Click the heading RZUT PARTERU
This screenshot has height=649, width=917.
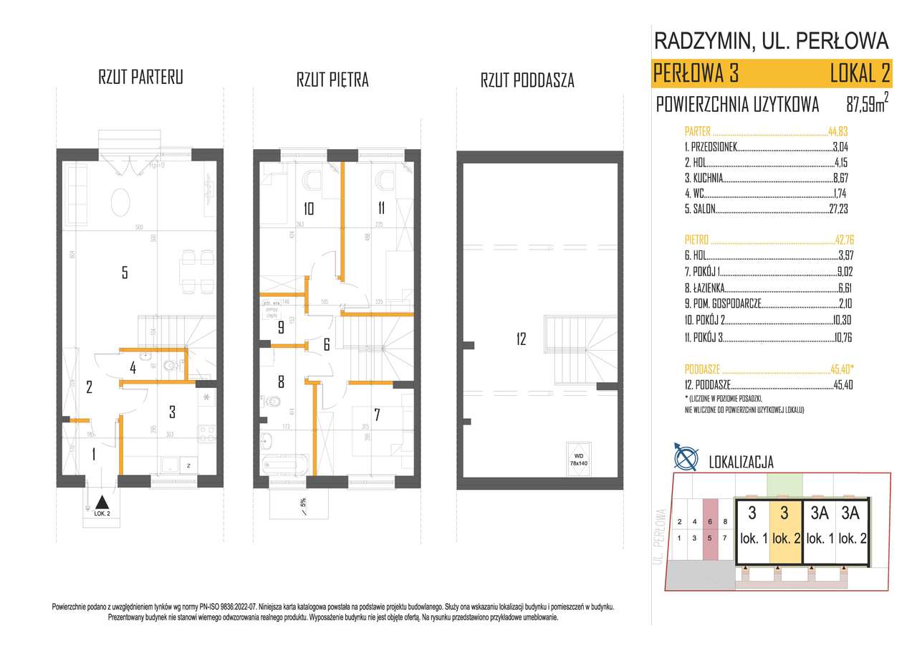point(140,78)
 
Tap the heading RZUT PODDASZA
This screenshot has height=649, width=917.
point(527,80)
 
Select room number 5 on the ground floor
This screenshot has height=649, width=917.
point(125,272)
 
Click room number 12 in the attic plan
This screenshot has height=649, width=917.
point(520,339)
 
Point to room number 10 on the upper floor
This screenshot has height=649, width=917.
point(309,209)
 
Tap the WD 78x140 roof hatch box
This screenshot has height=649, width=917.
point(578,458)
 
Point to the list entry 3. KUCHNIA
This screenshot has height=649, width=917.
point(704,178)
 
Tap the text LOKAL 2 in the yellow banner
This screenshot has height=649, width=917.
point(859,73)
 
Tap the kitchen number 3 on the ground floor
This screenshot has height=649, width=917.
point(172,412)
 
